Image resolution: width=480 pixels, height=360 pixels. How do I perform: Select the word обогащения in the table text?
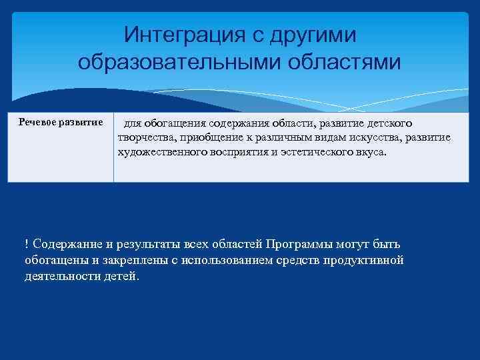pyautogui.click(x=177, y=124)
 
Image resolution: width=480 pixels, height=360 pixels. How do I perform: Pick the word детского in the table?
pyautogui.click(x=389, y=124)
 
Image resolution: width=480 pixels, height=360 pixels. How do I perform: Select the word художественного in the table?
pyautogui.click(x=162, y=152)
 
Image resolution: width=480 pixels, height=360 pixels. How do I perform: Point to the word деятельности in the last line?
pyautogui.click(x=58, y=276)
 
